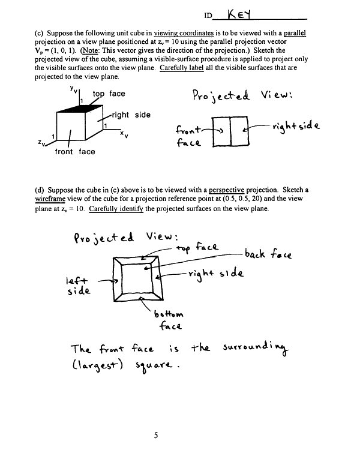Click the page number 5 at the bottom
pos(155,436)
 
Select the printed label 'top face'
pos(109,94)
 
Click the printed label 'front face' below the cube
pos(74,152)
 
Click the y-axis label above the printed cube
pos(71,89)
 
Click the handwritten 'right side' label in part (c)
pos(295,127)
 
